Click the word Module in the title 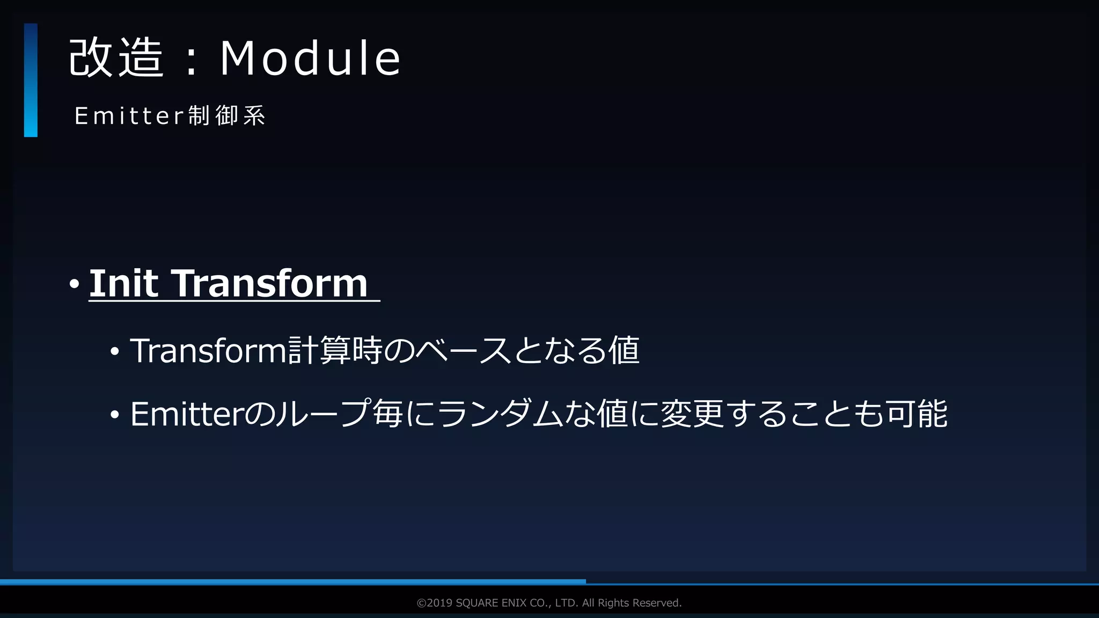point(310,58)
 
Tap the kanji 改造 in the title point(116,58)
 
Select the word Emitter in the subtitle point(129,116)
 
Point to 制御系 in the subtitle point(226,116)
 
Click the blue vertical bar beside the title point(31,80)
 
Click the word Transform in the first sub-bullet point(208,351)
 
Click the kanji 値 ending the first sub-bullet point(624,351)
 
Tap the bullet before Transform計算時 point(114,352)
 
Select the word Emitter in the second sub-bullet point(187,414)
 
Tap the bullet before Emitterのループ point(114,416)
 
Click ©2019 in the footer point(434,603)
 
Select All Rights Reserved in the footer point(632,603)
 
